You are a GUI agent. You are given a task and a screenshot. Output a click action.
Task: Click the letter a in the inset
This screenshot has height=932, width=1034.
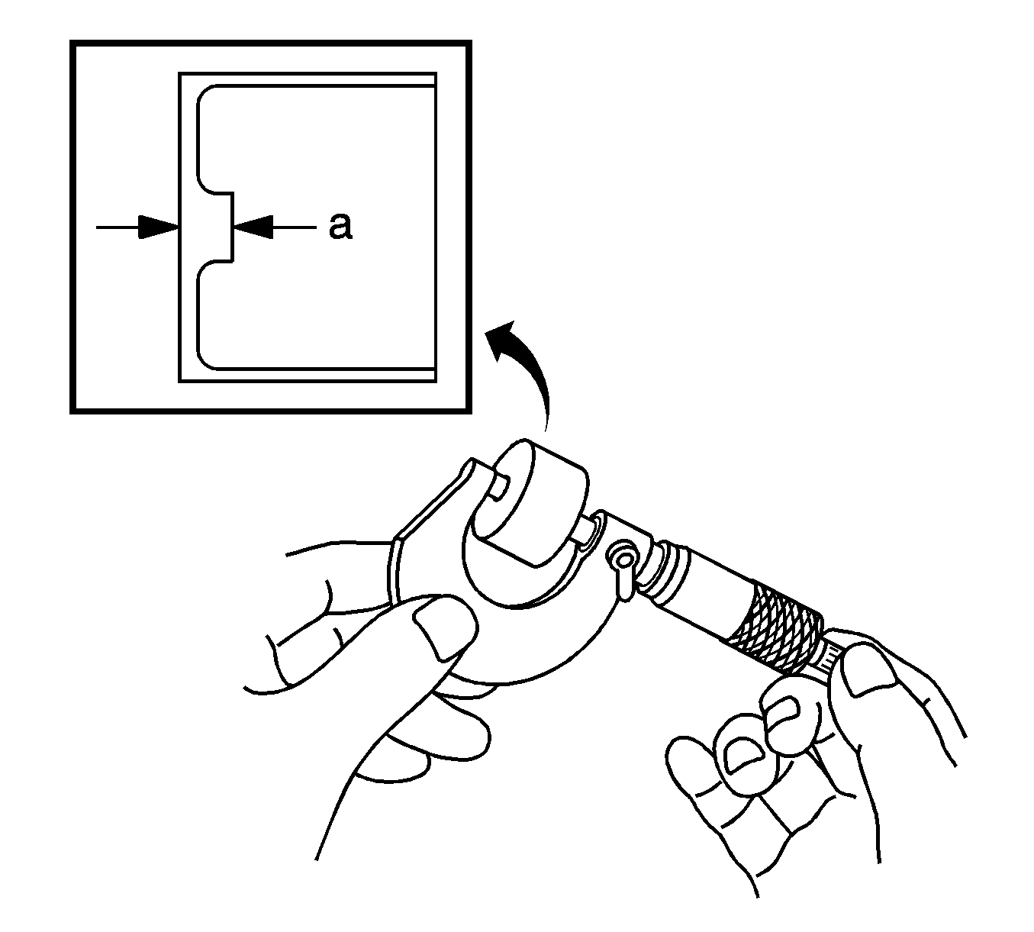coord(340,227)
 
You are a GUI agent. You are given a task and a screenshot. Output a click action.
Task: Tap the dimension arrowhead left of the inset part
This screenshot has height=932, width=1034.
coord(158,227)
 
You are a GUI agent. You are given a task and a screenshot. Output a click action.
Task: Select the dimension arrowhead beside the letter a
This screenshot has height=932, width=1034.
coord(253,227)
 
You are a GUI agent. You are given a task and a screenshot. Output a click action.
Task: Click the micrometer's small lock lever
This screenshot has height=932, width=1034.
coord(622,567)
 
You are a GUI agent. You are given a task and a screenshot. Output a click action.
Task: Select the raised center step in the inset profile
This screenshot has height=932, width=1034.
coord(227,227)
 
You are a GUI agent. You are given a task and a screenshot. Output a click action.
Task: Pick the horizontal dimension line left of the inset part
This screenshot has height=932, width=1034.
coord(137,227)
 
